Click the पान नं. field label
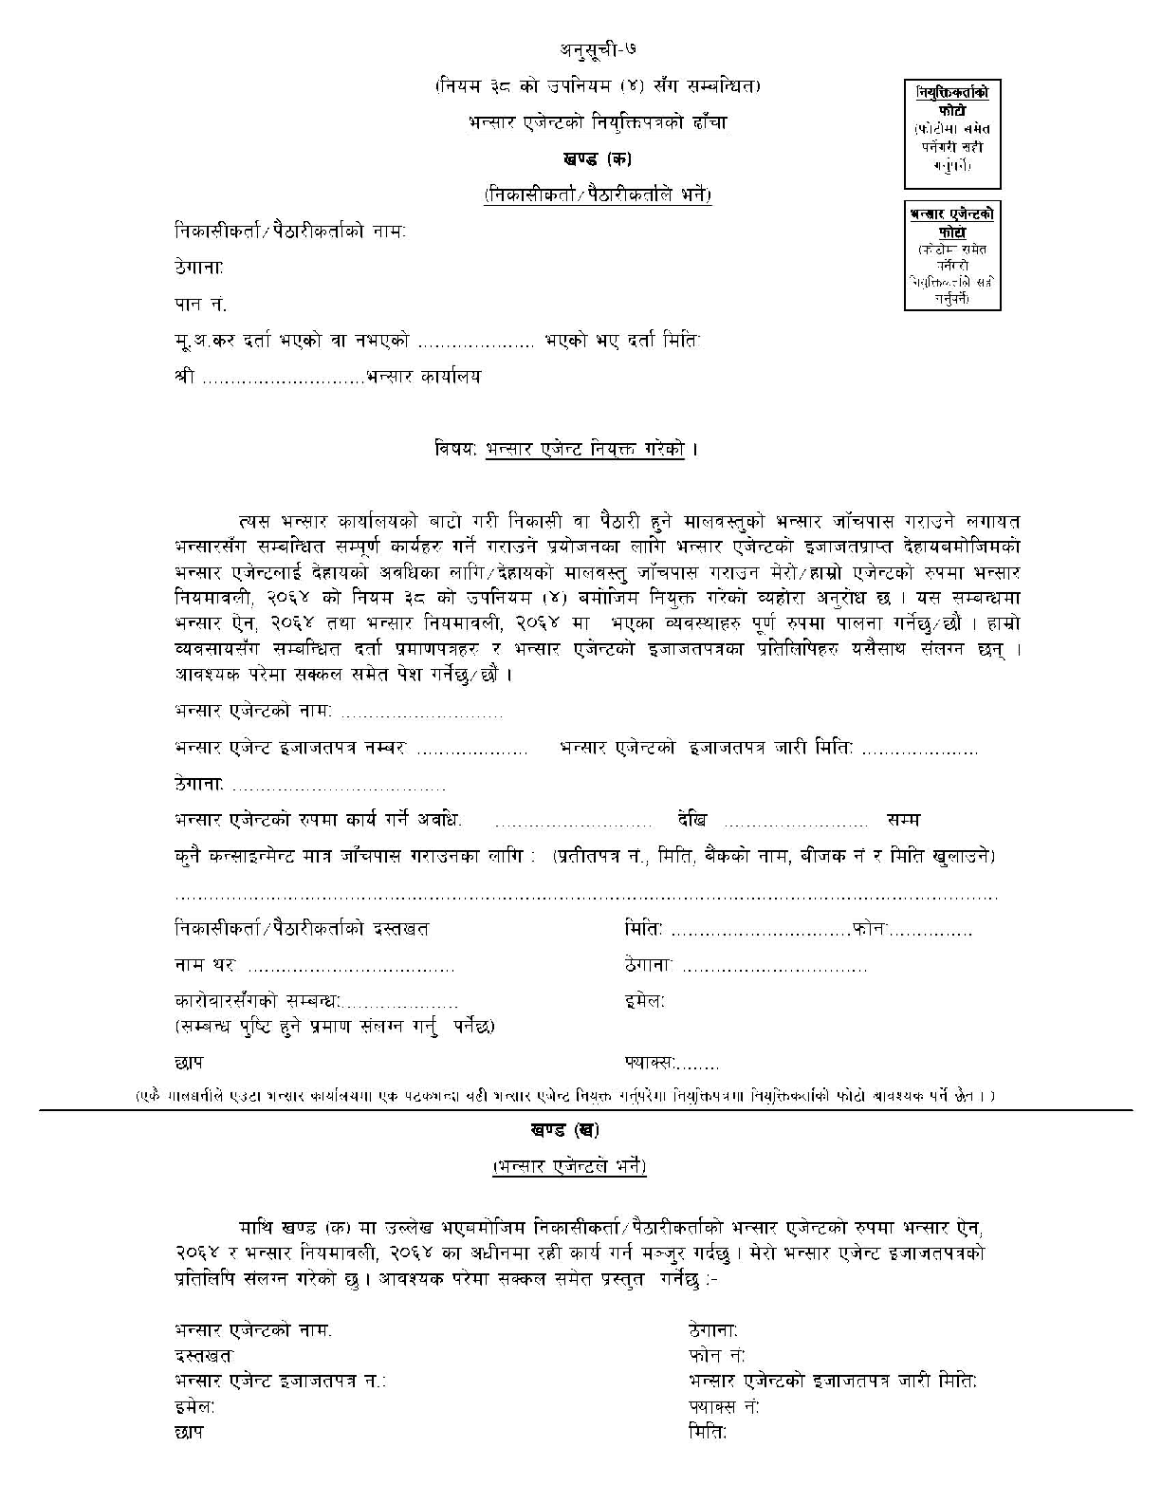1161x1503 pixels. click(201, 305)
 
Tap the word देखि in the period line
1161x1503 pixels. click(692, 820)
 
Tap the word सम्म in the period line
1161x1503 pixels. click(903, 820)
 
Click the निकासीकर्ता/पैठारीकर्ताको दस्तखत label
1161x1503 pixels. click(302, 929)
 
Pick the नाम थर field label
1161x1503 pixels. click(205, 966)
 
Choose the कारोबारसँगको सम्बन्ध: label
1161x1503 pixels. click(257, 1002)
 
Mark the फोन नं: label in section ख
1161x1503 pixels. click(717, 1355)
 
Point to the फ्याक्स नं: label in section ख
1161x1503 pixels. click(725, 1406)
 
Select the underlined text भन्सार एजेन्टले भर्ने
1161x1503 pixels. click(569, 1167)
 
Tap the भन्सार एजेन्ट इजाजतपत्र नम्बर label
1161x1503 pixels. click(290, 749)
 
